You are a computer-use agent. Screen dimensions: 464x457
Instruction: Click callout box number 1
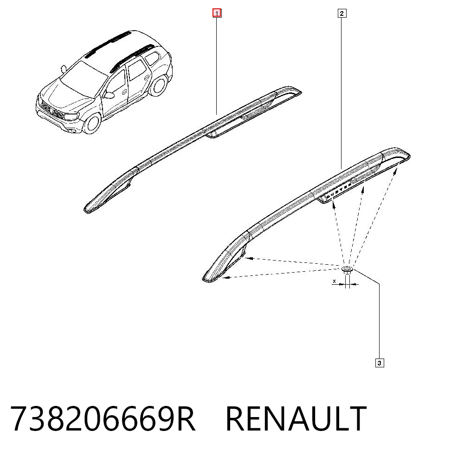[x=217, y=13]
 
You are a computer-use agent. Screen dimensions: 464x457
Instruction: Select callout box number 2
[x=342, y=13]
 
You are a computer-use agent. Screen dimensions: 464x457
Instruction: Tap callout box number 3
[x=380, y=363]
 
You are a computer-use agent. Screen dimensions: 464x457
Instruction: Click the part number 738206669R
[x=103, y=419]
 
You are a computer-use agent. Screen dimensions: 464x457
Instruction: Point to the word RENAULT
[x=296, y=419]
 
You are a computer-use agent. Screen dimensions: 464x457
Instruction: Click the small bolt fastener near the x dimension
[x=347, y=270]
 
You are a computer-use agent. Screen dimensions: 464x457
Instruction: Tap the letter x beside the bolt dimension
[x=335, y=281]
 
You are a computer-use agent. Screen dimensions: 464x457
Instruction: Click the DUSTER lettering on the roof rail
[x=339, y=190]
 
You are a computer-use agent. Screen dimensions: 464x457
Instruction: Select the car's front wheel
[x=92, y=124]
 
